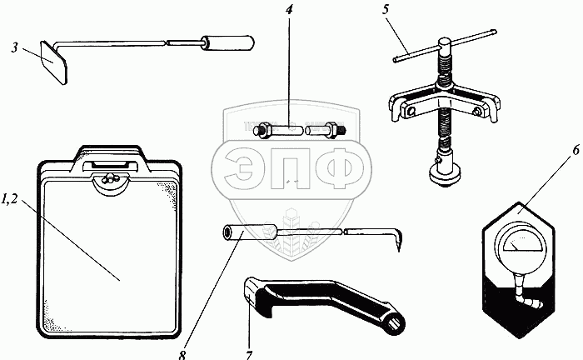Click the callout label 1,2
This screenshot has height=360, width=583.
14,199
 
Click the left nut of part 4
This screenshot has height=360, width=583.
262,131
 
